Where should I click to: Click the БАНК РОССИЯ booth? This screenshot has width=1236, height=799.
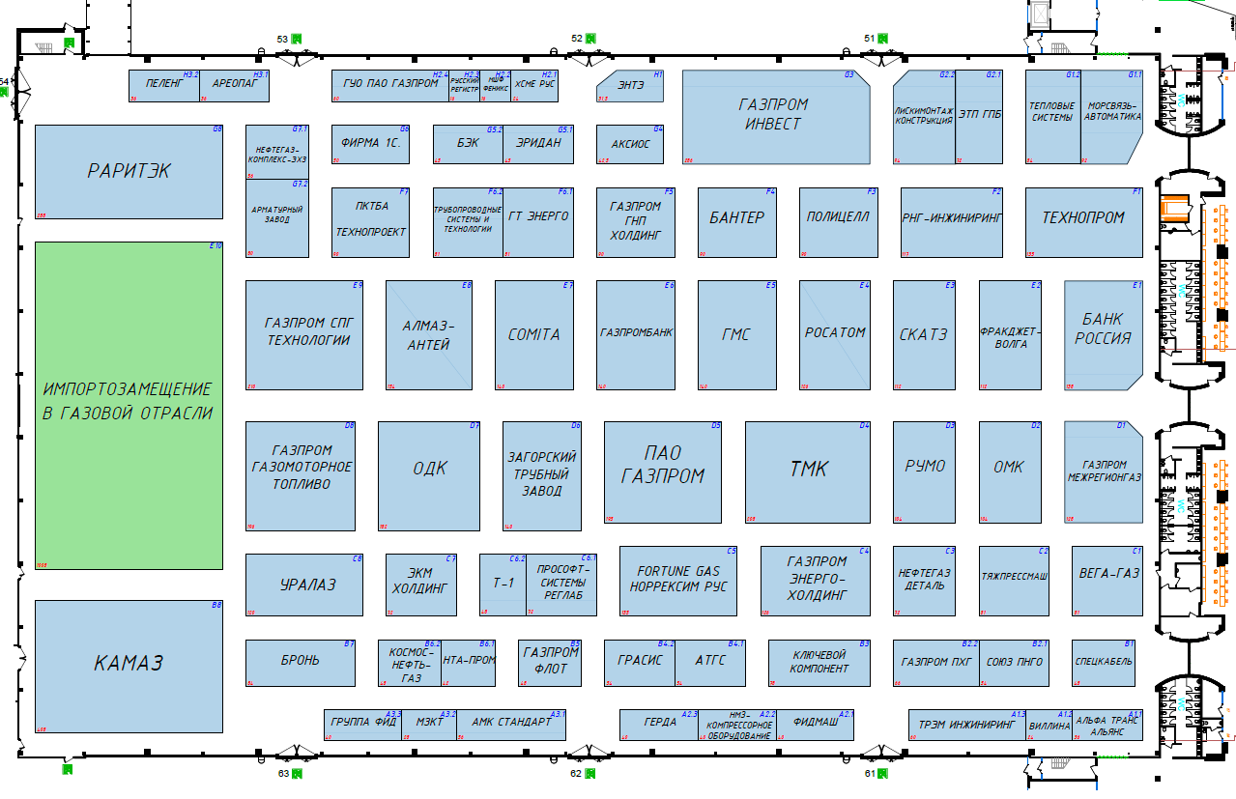pyautogui.click(x=1106, y=334)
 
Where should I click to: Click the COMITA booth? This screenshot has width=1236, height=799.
pyautogui.click(x=533, y=334)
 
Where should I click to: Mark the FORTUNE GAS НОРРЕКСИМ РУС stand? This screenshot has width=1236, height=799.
pyautogui.click(x=679, y=580)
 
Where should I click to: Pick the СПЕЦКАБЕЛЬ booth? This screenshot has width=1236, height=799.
pyautogui.click(x=1103, y=663)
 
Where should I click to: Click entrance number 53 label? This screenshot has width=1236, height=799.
pyautogui.click(x=282, y=40)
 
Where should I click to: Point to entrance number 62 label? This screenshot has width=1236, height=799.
pyautogui.click(x=575, y=773)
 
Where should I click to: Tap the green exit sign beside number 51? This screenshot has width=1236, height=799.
pyautogui.click(x=883, y=39)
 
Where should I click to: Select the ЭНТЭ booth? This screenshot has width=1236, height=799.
pyautogui.click(x=630, y=85)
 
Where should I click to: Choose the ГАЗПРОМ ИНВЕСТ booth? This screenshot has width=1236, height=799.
pyautogui.click(x=775, y=115)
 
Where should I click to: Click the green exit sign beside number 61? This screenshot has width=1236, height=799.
pyautogui.click(x=883, y=773)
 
